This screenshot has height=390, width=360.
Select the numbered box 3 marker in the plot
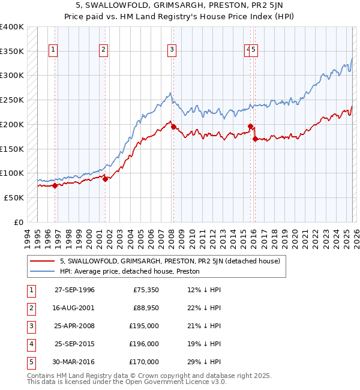172,50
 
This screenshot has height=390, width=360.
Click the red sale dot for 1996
55,185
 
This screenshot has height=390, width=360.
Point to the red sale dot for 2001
104,178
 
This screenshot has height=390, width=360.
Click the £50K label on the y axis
14,197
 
